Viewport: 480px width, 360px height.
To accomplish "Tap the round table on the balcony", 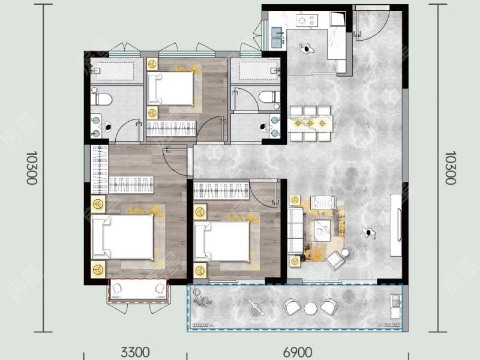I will point(310,308).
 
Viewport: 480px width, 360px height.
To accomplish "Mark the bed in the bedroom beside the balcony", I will point(223,240).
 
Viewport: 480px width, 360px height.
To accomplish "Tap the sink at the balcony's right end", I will point(394,304).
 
